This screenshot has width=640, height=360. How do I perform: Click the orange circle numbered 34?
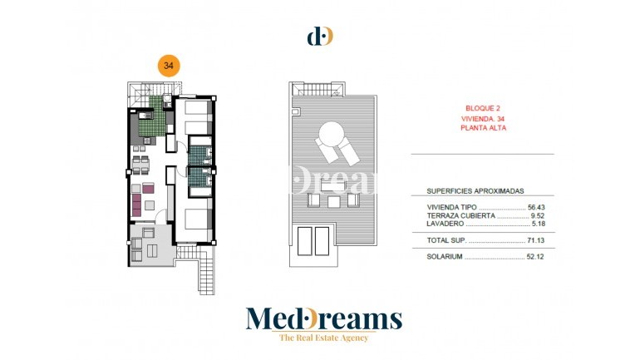[x=169, y=66]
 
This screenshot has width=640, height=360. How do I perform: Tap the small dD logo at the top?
[x=320, y=36]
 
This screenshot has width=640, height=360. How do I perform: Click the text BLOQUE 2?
[x=481, y=109]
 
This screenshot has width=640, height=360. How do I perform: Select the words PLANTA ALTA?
[x=483, y=128]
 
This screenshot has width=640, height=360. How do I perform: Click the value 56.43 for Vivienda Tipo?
[x=537, y=207]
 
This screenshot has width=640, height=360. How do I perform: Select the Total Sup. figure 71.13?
[x=537, y=240]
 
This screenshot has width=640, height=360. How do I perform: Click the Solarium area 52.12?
[x=537, y=257]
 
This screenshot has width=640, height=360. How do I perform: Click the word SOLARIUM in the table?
[x=445, y=257]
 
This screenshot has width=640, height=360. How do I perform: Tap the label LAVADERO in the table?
[x=447, y=224]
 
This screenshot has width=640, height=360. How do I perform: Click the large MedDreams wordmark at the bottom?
[x=323, y=318]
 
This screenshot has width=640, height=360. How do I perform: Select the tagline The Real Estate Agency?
[x=323, y=337]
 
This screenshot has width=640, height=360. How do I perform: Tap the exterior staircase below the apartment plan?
[x=206, y=274]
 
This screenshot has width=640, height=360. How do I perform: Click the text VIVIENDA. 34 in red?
[x=482, y=119]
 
